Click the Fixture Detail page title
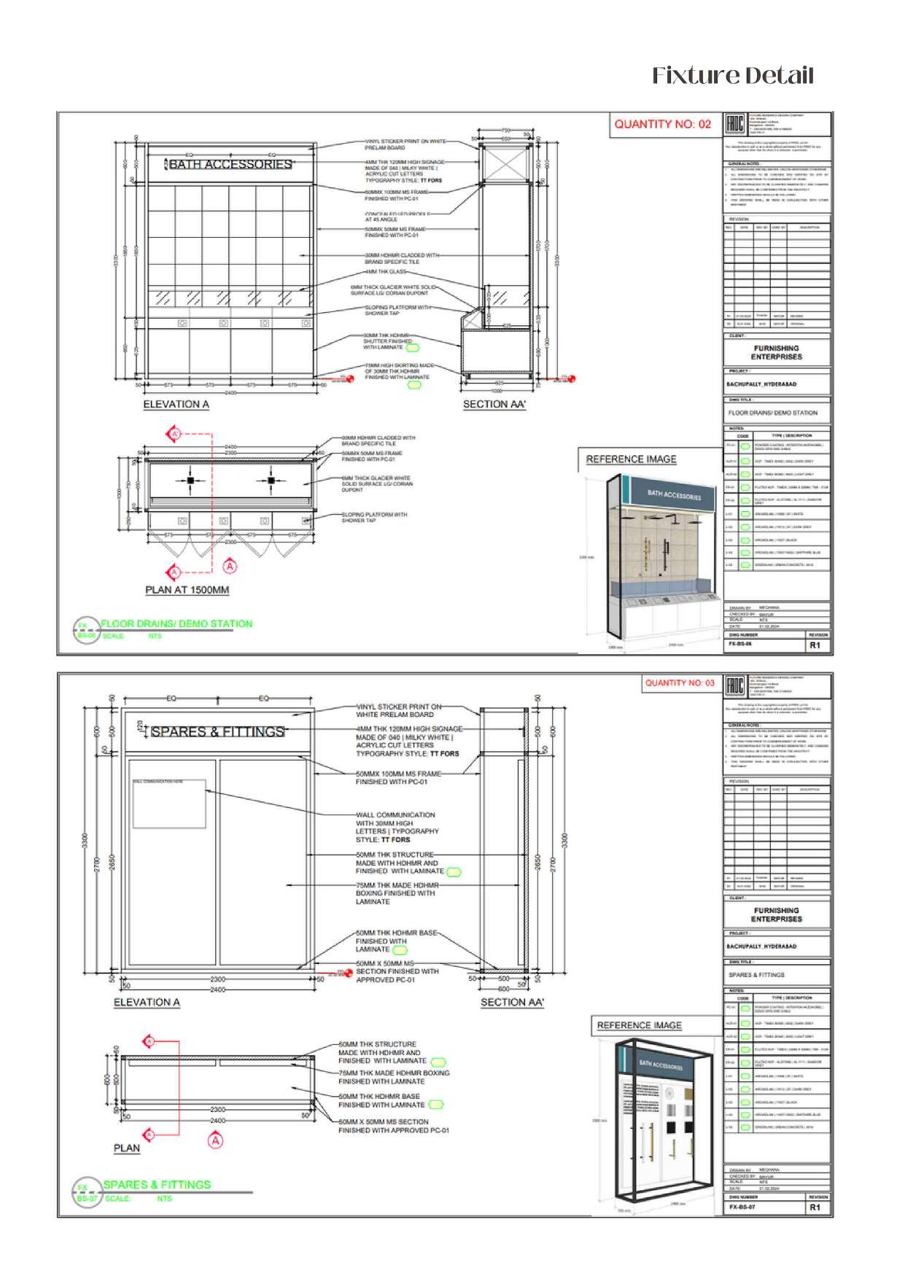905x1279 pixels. click(x=732, y=75)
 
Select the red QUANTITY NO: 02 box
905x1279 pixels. click(x=662, y=124)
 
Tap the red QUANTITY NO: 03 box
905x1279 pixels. click(x=679, y=683)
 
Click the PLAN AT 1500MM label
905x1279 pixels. click(x=187, y=590)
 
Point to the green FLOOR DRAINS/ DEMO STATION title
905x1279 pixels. click(x=176, y=623)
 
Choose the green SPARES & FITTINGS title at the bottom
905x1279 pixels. click(x=157, y=1185)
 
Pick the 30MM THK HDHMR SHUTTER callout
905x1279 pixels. click(x=388, y=341)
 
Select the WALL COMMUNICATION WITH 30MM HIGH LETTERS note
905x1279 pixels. click(x=396, y=827)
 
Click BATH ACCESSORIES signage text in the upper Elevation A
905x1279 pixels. click(x=230, y=165)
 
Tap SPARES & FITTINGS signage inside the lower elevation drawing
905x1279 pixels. click(x=217, y=731)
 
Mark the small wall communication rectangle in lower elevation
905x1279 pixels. click(x=168, y=804)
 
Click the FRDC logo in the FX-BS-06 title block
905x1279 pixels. click(x=734, y=124)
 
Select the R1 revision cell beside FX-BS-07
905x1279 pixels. click(x=815, y=1208)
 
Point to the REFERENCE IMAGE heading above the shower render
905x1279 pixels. click(x=631, y=459)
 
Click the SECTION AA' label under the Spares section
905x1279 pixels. click(x=512, y=1003)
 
